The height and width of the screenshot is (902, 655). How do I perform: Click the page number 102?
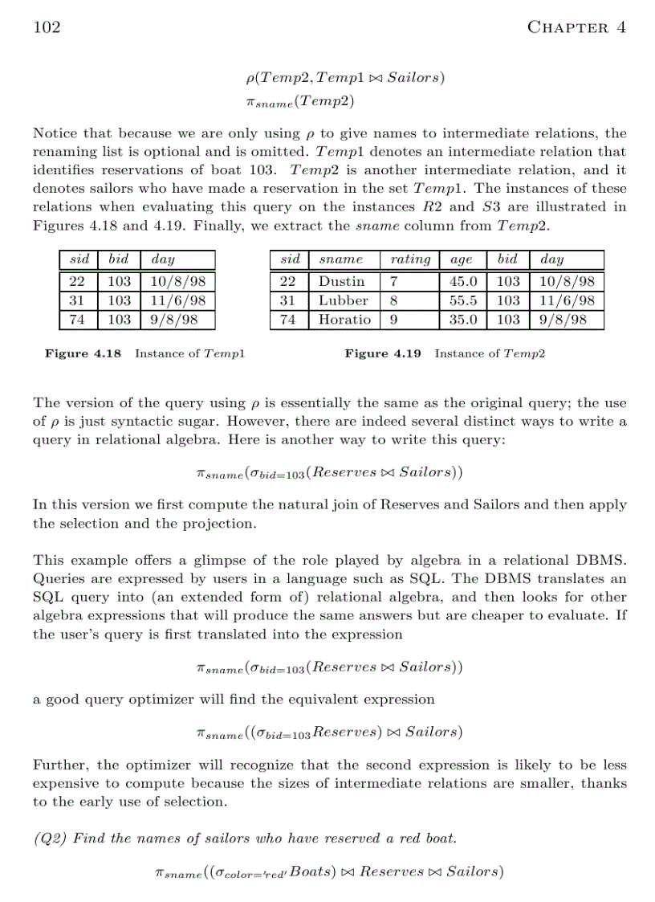[x=47, y=27]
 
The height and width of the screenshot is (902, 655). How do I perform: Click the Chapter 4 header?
[x=576, y=27]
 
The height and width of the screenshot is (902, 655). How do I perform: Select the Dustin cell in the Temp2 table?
[x=341, y=282]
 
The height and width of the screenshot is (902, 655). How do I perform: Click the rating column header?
[x=410, y=259]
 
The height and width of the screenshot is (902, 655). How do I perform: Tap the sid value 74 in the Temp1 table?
[x=78, y=320]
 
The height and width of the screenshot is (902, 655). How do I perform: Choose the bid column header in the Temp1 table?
[x=118, y=259]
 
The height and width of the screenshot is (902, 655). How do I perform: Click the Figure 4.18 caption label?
[x=83, y=353]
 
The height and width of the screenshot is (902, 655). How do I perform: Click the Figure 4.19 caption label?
[x=383, y=353]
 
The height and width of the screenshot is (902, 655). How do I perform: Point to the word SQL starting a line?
[x=47, y=598]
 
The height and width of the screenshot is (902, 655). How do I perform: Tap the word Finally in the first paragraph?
[x=197, y=226]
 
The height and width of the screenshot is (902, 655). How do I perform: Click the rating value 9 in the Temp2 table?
[x=393, y=320]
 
